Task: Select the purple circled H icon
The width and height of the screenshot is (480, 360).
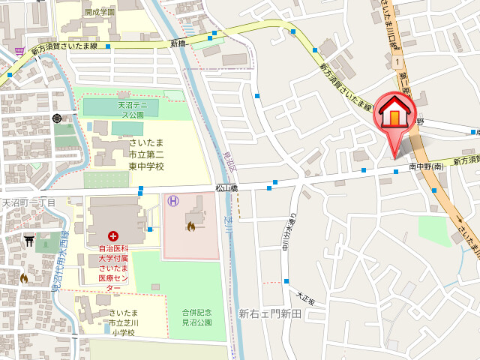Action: tap(173, 200)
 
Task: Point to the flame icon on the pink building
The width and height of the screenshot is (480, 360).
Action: tap(191, 226)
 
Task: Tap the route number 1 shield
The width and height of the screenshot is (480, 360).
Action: tap(395, 63)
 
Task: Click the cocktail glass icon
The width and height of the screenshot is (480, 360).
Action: tap(18, 51)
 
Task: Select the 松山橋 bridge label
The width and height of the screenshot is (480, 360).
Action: tap(226, 190)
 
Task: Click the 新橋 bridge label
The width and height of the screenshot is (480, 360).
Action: tap(178, 44)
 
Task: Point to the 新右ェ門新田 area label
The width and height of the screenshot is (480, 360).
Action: tap(270, 313)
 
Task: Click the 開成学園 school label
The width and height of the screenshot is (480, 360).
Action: tap(100, 12)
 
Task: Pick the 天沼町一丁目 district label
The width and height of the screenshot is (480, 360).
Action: tap(28, 202)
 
